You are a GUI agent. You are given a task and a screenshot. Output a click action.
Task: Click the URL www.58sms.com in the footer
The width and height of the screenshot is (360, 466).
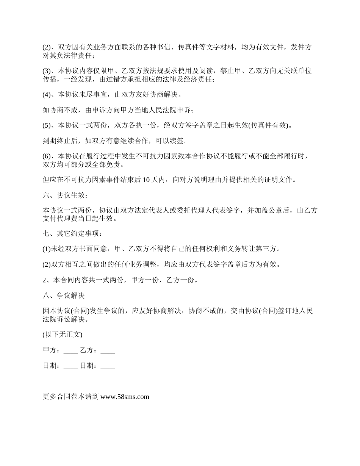tap(125, 397)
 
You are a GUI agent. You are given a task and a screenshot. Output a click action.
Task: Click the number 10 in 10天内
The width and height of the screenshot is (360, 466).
tap(146, 180)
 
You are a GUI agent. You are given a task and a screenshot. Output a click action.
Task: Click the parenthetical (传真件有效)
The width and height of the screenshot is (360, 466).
tap(269, 126)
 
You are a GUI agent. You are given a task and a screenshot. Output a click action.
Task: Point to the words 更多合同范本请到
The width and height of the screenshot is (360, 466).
tap(71, 397)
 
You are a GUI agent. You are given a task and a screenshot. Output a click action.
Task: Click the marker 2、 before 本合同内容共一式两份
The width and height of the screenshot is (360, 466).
tap(47, 280)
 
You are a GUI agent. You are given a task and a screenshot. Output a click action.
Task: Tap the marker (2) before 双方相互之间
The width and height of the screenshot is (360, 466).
tap(47, 264)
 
